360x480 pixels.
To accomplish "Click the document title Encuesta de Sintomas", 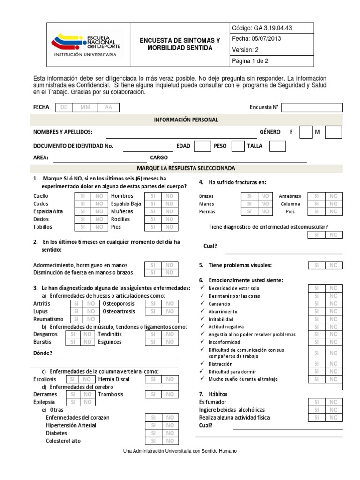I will [180, 45].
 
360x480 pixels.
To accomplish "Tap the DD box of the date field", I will [64, 107].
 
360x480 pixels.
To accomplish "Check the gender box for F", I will [305, 132].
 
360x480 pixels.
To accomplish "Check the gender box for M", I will [333, 132].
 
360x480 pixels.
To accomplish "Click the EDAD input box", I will [202, 146].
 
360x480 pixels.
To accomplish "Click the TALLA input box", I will [277, 146].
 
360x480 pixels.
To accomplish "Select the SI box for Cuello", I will [82, 196].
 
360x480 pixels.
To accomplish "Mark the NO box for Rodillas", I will [170, 219].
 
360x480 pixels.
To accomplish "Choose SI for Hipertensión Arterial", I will [153, 425].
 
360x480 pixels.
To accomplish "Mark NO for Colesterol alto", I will [170, 441].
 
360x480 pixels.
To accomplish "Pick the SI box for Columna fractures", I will [316, 204].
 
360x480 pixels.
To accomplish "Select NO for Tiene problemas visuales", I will [333, 265].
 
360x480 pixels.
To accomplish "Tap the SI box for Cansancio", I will [316, 304].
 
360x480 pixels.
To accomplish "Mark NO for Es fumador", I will [333, 402].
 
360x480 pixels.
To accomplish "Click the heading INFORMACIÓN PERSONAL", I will [186, 120].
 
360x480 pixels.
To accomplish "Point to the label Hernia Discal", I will [114, 379].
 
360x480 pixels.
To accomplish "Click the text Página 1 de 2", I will [250, 61].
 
